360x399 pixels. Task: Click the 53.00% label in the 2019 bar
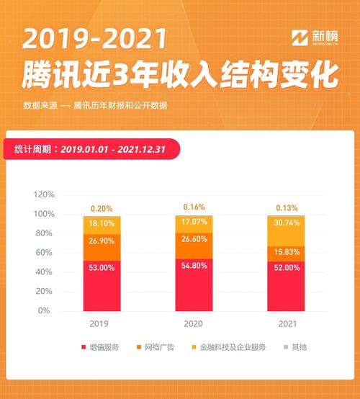click(x=102, y=267)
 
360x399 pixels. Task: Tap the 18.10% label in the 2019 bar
click(x=102, y=224)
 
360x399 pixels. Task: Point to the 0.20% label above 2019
click(x=102, y=209)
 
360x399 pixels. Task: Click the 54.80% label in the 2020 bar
click(x=194, y=266)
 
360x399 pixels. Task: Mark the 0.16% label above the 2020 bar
click(x=194, y=207)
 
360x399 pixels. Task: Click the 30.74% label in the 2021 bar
click(x=286, y=223)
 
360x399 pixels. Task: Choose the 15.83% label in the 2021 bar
click(x=286, y=251)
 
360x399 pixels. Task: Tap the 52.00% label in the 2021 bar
click(x=286, y=267)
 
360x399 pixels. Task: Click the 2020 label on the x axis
click(x=194, y=325)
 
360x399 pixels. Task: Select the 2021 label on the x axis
click(x=286, y=325)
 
